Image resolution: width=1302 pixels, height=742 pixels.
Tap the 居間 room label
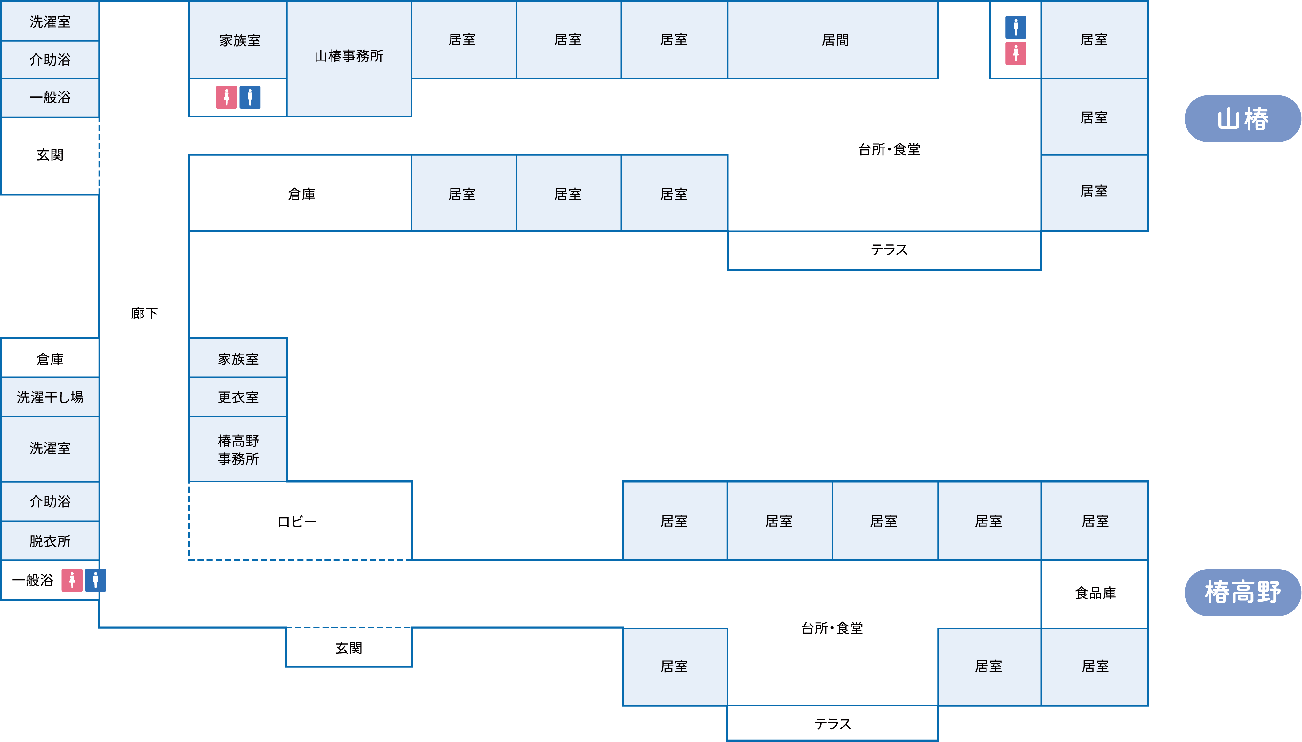pyautogui.click(x=835, y=40)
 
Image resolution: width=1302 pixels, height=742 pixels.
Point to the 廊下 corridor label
pyautogui.click(x=144, y=313)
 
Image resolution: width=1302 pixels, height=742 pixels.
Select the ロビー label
pyautogui.click(x=297, y=521)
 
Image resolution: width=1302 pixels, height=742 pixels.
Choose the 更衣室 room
pyautogui.click(x=238, y=397)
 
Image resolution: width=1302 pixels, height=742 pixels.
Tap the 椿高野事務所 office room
pyautogui.click(x=238, y=450)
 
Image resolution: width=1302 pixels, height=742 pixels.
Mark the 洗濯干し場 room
pyautogui.click(x=50, y=397)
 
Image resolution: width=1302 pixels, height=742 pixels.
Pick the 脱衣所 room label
pyautogui.click(x=50, y=541)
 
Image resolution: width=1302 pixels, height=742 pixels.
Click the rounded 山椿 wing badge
pyautogui.click(x=1242, y=119)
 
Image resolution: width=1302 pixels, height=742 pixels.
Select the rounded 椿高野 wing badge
pyautogui.click(x=1242, y=592)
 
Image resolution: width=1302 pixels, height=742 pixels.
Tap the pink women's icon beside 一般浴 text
pyautogui.click(x=72, y=580)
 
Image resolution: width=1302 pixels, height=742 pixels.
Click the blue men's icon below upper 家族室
pyautogui.click(x=250, y=97)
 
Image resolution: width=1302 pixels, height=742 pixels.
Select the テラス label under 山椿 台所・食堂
pyautogui.click(x=889, y=250)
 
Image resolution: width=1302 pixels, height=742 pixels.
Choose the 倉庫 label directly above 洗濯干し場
pyautogui.click(x=50, y=359)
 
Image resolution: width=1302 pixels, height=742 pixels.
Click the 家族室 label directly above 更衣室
pyautogui.click(x=238, y=359)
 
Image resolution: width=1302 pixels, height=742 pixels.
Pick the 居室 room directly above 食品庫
pyautogui.click(x=1095, y=521)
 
